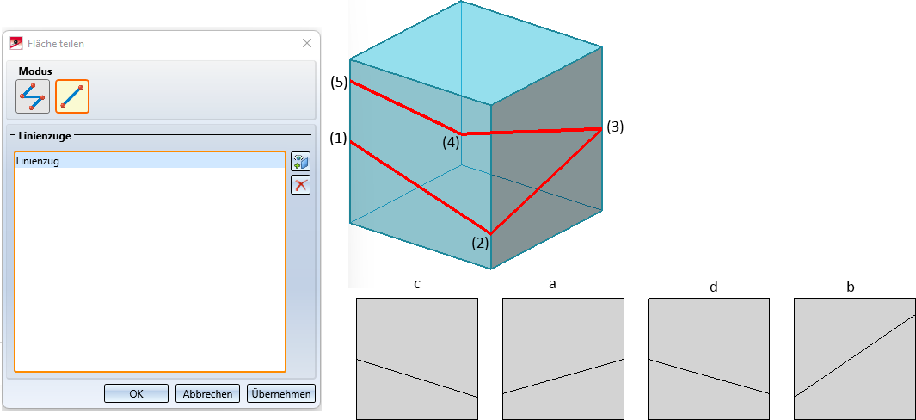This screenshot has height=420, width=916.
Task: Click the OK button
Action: (136, 393)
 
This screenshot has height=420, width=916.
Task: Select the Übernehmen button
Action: (281, 393)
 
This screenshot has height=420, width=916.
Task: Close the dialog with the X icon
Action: (307, 43)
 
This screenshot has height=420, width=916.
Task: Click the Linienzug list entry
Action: (38, 161)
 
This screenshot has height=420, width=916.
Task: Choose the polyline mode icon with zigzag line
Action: (33, 96)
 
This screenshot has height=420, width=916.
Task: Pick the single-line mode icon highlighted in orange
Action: (72, 96)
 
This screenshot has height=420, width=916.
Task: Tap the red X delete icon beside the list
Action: (300, 184)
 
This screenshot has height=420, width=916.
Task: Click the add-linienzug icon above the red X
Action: (300, 162)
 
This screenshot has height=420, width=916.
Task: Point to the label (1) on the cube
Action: (338, 139)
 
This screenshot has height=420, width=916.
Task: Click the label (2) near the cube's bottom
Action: (480, 242)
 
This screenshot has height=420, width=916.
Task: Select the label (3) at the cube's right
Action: (614, 127)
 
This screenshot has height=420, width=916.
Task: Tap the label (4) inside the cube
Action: (451, 143)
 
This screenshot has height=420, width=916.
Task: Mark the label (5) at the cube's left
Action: (338, 83)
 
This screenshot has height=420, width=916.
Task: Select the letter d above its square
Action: (713, 286)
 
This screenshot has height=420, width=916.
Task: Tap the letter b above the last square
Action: (851, 286)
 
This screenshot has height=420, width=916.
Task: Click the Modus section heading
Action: (36, 70)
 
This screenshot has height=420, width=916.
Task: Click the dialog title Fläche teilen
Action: (56, 43)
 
